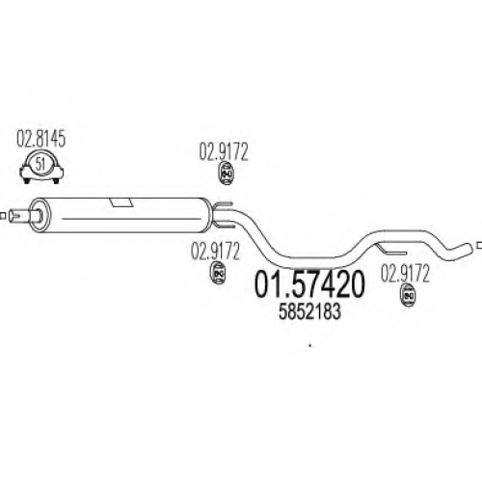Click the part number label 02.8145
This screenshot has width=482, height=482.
40,139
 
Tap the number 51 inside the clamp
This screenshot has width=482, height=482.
40,164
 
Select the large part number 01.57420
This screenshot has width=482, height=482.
309,284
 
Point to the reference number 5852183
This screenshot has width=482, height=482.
309,311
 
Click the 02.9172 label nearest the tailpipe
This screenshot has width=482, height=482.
405,274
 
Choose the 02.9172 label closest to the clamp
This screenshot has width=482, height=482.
224,151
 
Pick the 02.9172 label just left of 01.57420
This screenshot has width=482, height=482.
215,251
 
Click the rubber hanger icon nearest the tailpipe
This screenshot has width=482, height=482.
408,295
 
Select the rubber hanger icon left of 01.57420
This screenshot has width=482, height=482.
218,273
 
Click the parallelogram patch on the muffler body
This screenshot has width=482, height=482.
121,202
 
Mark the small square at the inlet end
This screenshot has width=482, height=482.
3,216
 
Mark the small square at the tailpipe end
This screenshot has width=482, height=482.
479,245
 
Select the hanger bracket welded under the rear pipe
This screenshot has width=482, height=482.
391,250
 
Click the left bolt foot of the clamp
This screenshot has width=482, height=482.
27,179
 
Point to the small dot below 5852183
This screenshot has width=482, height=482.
309,346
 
